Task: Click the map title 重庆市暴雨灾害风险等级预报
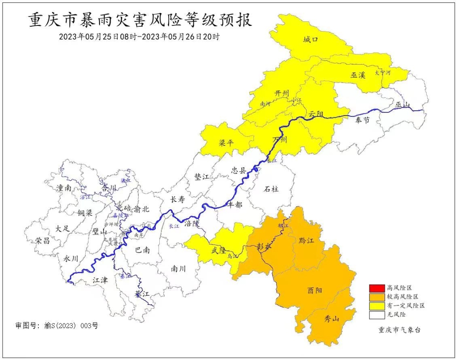coord(140,20)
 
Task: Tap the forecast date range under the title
coord(139,37)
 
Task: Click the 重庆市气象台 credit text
coord(399,331)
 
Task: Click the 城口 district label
coord(311,40)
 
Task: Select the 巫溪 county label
coord(358,75)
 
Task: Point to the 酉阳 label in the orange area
coord(314,290)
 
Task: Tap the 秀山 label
coord(331,319)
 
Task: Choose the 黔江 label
coord(307,241)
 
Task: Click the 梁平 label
coord(226,143)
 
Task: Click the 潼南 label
coord(64,188)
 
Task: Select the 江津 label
coord(100,280)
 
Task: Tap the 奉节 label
coord(362,120)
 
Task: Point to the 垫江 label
coord(202,177)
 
